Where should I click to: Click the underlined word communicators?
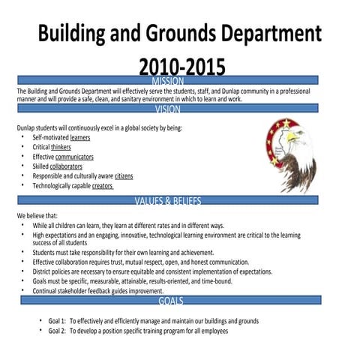[x=80, y=157]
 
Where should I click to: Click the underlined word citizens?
[x=124, y=175]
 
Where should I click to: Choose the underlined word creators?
[x=103, y=185]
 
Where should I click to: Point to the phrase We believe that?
[x=37, y=215]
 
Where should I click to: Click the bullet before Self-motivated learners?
[x=23, y=138]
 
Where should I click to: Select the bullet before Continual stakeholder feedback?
[x=23, y=290]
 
